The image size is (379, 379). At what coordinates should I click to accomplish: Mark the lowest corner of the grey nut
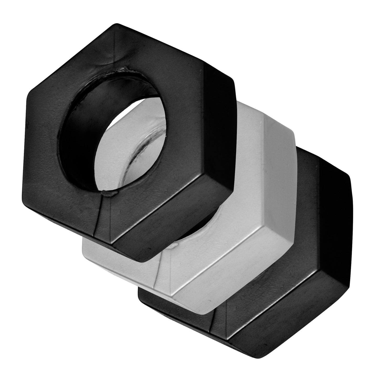[x=207, y=314]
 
